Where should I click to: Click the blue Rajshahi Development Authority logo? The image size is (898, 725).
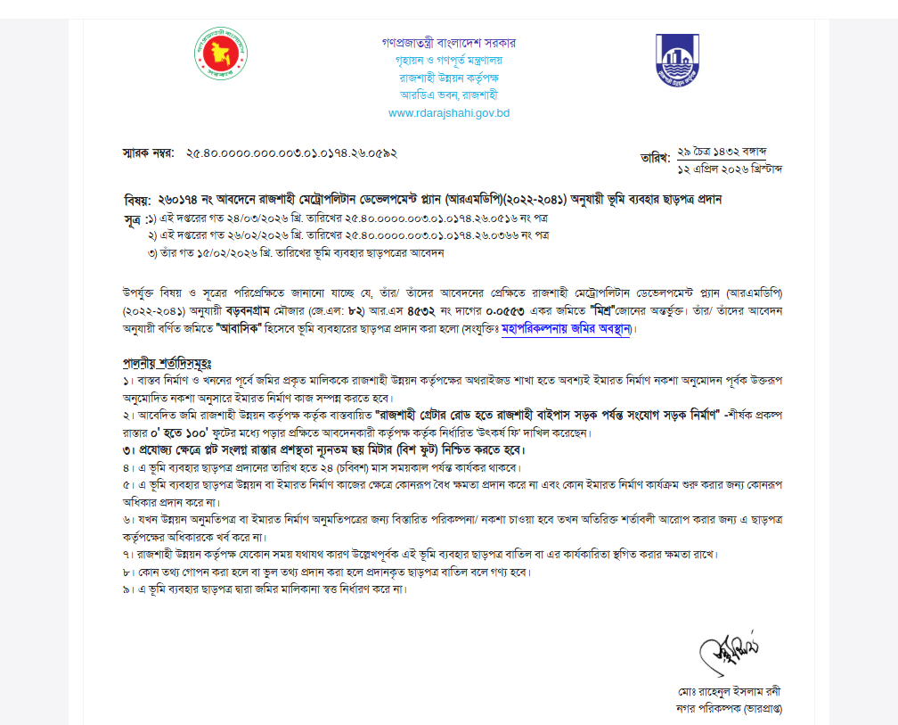(x=678, y=60)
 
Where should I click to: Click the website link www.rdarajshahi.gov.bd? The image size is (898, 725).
(x=449, y=113)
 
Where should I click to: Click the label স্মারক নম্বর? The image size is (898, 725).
(x=148, y=153)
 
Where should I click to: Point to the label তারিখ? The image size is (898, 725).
(x=655, y=158)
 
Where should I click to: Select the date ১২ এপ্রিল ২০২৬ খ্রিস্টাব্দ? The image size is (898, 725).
(x=731, y=169)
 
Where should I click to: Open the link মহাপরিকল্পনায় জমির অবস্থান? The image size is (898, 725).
(x=566, y=329)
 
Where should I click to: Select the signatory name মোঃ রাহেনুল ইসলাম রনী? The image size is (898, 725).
(x=729, y=692)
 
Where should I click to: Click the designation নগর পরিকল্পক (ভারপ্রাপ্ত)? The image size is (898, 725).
(x=729, y=709)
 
